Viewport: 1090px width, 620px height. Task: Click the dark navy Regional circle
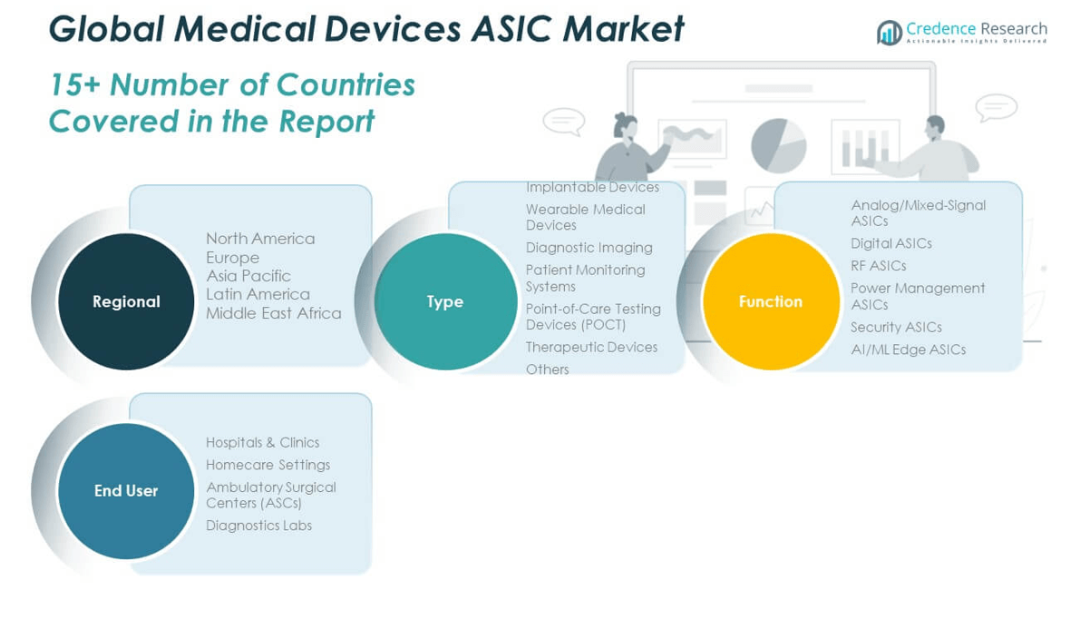pos(126,301)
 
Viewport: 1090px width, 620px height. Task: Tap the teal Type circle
pos(445,301)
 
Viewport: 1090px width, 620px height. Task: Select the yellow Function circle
pos(771,301)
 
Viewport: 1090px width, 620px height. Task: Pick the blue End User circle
pos(126,491)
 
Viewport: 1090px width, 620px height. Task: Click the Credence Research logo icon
pos(890,33)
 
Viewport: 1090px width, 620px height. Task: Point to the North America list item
pos(260,239)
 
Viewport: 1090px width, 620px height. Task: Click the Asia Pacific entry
pos(248,276)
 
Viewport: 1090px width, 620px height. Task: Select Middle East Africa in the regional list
pos(274,313)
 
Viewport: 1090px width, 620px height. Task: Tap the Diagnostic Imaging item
pos(589,248)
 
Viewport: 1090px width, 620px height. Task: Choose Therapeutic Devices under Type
pos(591,348)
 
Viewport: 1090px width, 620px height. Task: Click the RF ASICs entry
pos(879,266)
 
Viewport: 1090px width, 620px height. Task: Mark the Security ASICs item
pos(896,328)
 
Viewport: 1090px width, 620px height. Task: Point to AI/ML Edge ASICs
pos(908,349)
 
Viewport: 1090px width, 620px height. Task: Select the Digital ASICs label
pos(891,243)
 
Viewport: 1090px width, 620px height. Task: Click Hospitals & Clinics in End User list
pos(262,442)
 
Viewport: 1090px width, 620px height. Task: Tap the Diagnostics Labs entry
pos(258,526)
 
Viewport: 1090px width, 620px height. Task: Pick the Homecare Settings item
pos(268,465)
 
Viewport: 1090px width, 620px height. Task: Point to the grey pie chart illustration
pos(778,145)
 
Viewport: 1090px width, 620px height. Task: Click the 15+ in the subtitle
pos(74,84)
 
